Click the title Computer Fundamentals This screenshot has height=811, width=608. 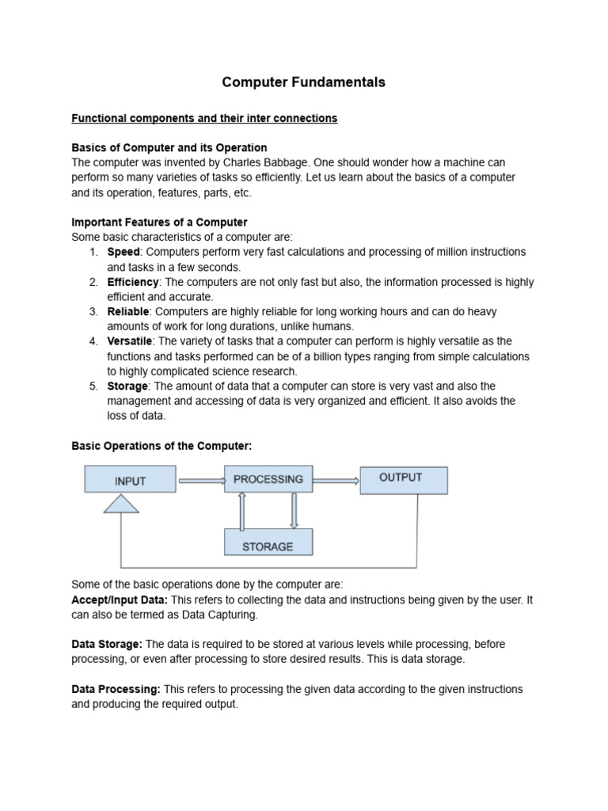[303, 82]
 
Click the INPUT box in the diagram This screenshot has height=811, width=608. [130, 480]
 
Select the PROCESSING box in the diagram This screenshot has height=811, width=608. [268, 479]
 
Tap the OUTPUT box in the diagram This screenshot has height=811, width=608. [403, 478]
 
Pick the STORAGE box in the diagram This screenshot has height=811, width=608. [268, 546]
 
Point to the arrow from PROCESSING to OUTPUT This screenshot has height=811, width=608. [336, 479]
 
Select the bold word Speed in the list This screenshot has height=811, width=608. [123, 252]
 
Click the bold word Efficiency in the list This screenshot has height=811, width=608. [133, 282]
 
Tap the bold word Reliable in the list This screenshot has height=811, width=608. [128, 312]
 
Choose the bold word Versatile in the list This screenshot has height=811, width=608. [130, 341]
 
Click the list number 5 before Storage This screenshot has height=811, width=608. [93, 386]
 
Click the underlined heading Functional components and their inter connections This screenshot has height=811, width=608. [204, 118]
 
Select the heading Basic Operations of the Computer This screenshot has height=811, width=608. [161, 446]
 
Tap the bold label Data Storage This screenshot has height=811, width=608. [107, 645]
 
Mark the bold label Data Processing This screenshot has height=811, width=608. [116, 689]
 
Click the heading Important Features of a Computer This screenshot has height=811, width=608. [159, 222]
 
